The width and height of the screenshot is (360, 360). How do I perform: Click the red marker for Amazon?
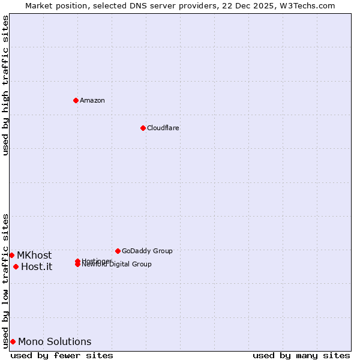76,100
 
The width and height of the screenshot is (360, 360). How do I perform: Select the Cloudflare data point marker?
143,128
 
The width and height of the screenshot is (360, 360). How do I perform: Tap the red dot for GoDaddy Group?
118,251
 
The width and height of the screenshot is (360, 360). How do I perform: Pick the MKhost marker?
11,255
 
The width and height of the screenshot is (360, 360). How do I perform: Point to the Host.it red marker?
16,266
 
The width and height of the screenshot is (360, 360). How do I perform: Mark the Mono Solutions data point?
13,341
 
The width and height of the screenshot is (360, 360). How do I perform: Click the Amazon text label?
92,100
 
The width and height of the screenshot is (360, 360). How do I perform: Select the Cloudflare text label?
163,128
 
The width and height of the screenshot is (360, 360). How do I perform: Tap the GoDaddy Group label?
147,251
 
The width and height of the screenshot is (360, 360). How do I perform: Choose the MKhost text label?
34,255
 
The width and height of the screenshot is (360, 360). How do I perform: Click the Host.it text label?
37,266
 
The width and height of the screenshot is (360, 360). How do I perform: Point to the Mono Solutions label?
55,341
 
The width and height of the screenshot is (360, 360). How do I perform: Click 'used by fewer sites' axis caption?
62,355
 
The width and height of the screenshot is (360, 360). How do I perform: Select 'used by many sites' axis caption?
301,355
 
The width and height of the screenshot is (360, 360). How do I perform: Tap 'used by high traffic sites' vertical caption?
5,85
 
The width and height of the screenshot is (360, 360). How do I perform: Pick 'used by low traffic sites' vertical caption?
5,280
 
